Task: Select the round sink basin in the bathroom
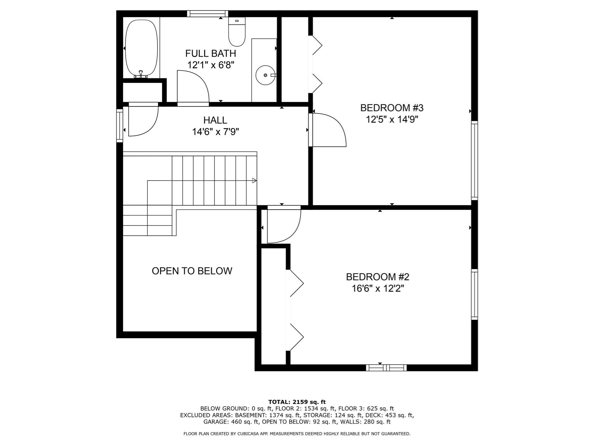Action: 265,75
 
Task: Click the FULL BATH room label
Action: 211,53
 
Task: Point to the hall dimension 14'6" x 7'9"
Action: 215,132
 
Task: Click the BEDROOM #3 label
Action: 392,108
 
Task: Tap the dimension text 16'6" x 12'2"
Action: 378,289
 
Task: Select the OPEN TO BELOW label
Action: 192,271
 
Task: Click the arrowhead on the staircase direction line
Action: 254,181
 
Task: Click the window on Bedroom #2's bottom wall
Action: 386,368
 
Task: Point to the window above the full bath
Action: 207,14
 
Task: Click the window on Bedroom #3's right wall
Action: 474,160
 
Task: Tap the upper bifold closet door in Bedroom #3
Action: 317,46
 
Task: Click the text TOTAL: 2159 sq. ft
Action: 297,402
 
